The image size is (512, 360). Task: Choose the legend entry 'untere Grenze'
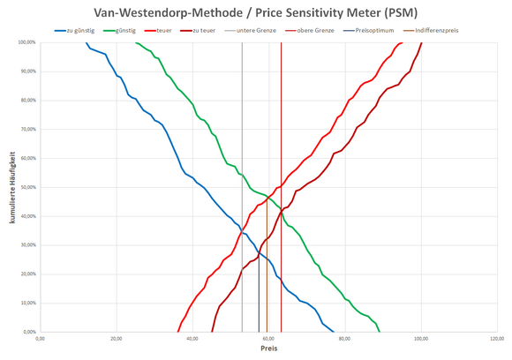point(256,31)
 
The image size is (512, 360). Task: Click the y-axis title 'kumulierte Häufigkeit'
point(12,187)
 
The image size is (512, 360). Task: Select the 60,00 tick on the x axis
point(267,338)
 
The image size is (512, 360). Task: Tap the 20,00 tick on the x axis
point(116,338)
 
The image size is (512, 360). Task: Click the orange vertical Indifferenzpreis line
point(267,291)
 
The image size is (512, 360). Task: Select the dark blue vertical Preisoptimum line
point(259,300)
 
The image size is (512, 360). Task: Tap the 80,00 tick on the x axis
point(344,338)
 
